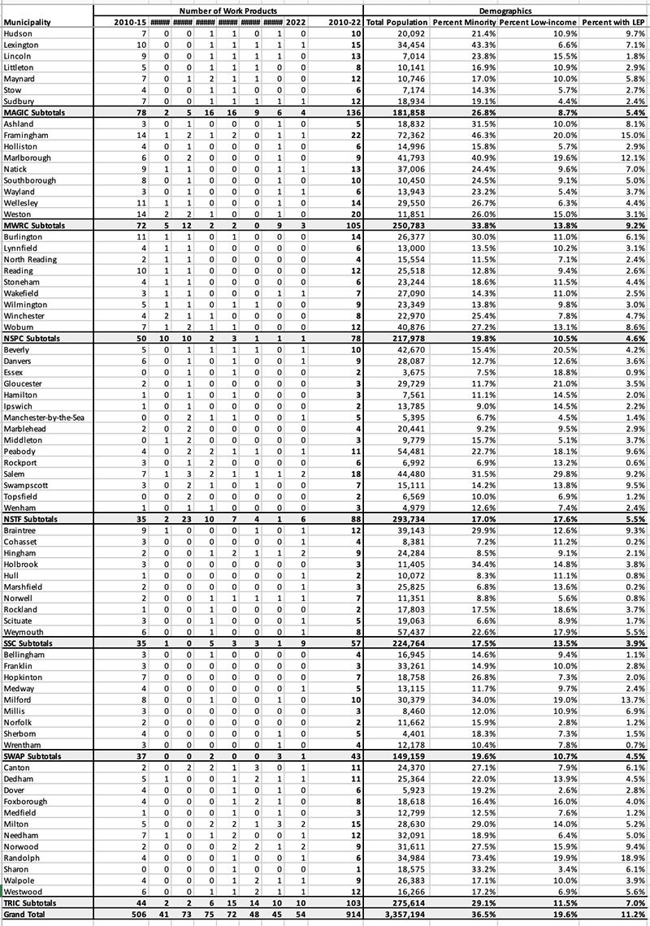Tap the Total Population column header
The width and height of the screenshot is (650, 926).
pos(397,20)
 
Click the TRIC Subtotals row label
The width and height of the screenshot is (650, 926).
pos(34,902)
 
